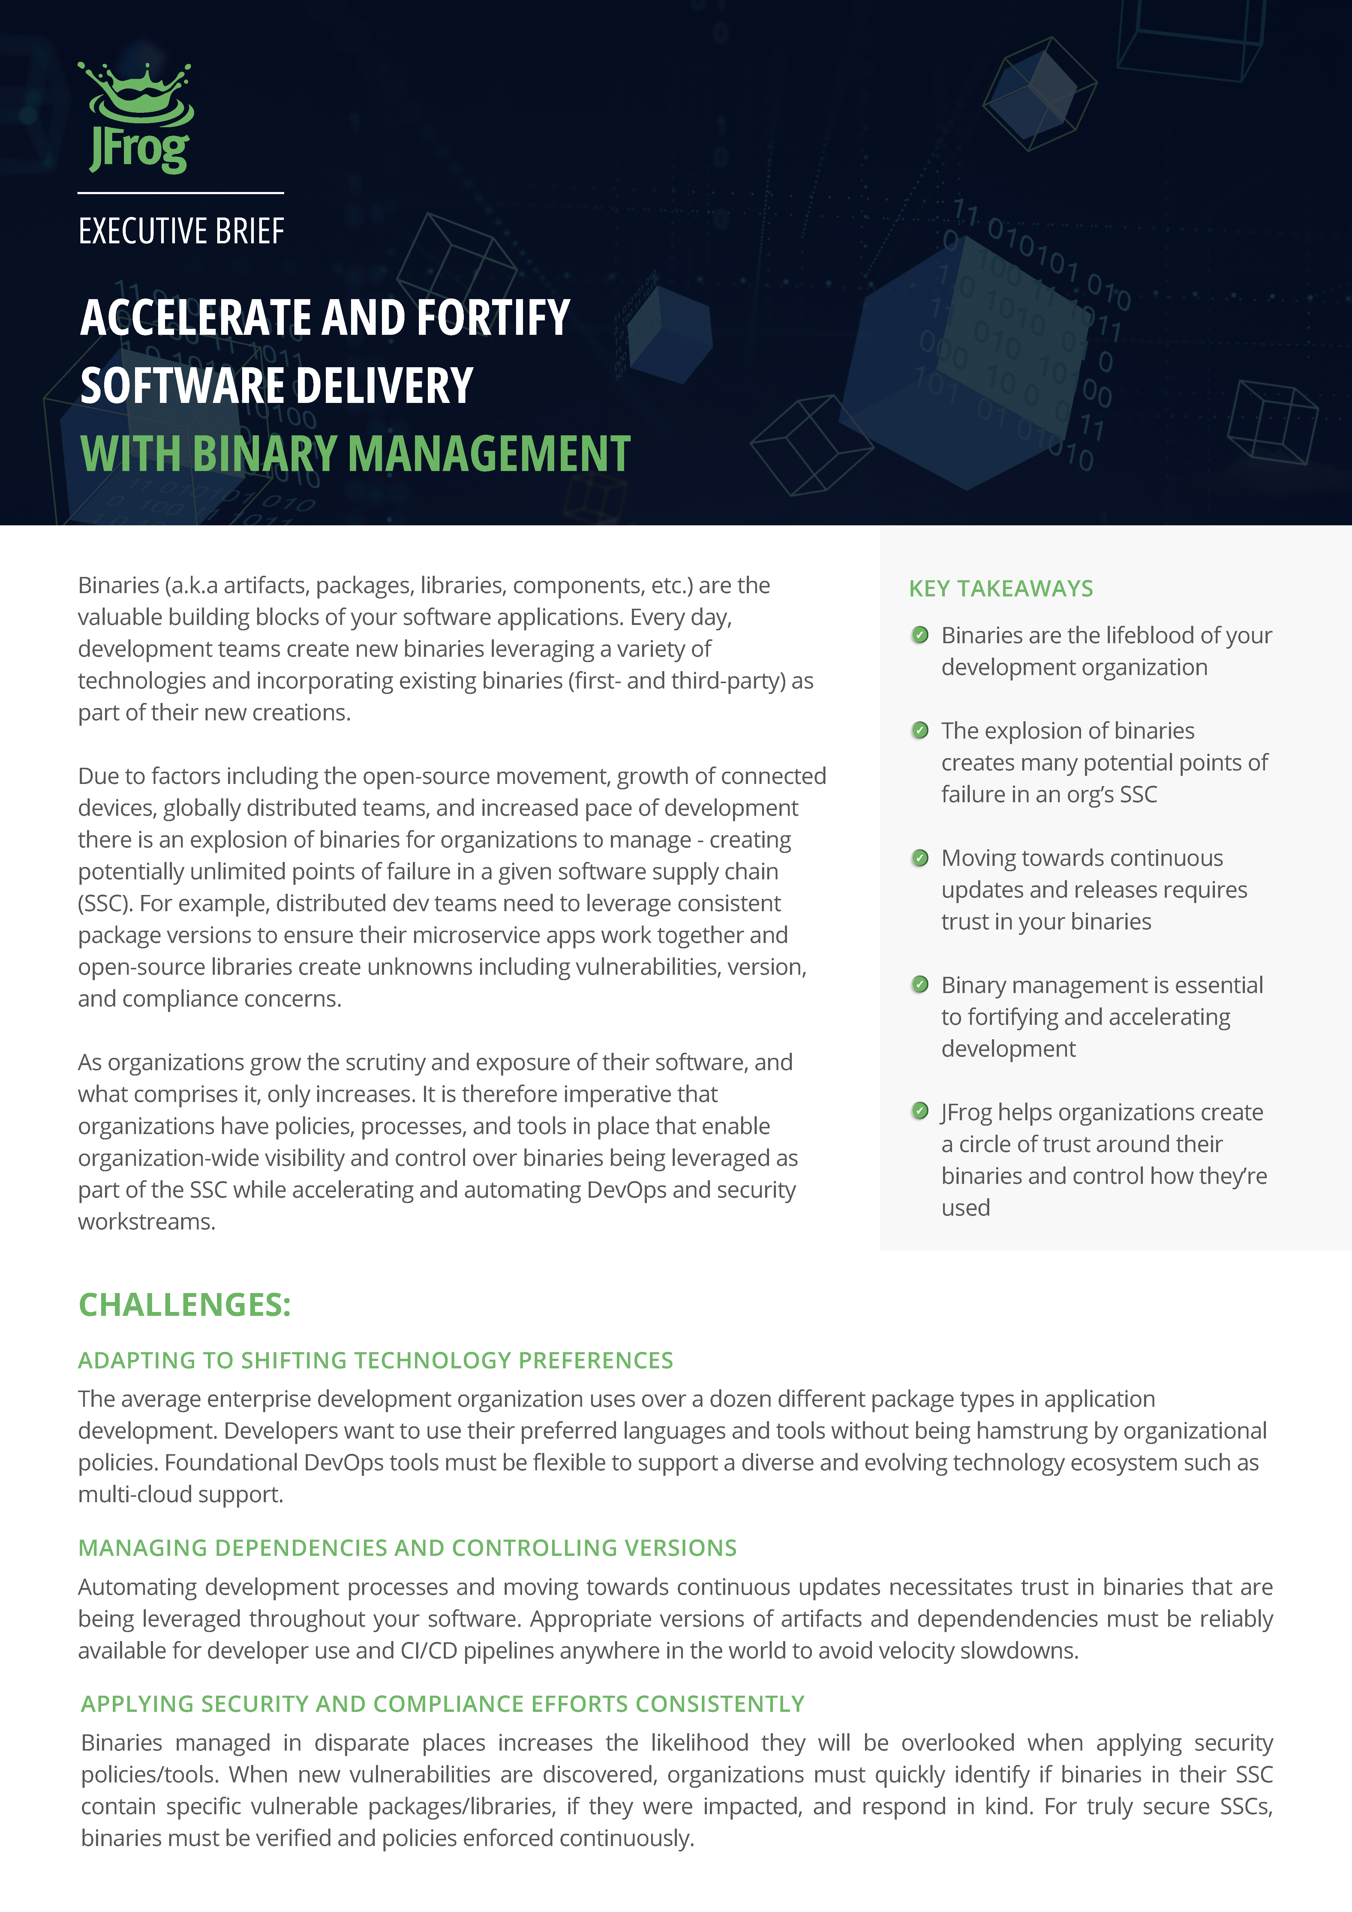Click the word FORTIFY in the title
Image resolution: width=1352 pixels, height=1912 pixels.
point(492,318)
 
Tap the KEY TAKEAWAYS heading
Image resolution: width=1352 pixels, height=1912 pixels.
point(1000,589)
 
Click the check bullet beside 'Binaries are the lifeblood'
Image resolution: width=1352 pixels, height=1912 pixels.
point(920,635)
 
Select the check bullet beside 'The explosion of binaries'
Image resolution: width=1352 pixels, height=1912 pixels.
point(920,730)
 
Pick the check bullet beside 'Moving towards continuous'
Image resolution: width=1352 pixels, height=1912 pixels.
point(920,858)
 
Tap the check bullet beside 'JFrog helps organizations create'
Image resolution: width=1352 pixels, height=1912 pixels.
point(920,1111)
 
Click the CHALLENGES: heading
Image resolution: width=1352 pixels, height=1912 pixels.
point(184,1305)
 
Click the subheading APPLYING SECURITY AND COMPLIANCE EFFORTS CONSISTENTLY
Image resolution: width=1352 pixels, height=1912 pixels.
point(442,1704)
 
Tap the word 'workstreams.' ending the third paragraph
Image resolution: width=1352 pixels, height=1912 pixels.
point(147,1222)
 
